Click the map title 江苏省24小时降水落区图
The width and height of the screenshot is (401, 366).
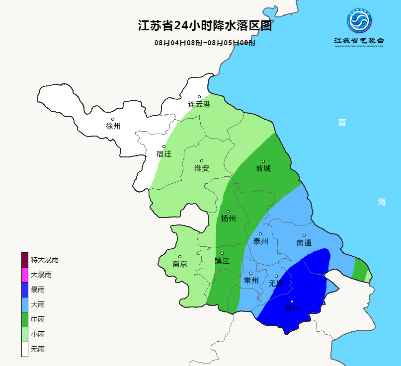204,26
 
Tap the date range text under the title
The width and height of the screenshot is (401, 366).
205,43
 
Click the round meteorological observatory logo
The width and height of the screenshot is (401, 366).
359,21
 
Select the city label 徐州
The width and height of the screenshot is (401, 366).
113,126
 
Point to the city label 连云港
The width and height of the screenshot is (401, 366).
199,104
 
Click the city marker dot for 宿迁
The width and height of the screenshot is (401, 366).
164,146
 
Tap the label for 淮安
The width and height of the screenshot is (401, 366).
202,168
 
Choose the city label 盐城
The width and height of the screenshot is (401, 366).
263,168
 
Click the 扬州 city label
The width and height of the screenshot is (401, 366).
228,219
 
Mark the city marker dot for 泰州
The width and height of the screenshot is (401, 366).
260,234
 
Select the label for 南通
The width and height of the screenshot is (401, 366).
304,243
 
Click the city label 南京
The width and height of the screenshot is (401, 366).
180,264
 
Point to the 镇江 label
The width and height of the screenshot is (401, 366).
222,261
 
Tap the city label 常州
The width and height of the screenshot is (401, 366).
251,281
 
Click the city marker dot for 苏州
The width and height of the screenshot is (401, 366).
292,301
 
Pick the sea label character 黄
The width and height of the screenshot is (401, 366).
342,123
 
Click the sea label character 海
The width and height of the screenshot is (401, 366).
381,202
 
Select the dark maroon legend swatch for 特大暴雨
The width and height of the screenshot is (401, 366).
25,260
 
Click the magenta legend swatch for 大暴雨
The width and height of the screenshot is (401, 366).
25,275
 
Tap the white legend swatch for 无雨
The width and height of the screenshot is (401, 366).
25,349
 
